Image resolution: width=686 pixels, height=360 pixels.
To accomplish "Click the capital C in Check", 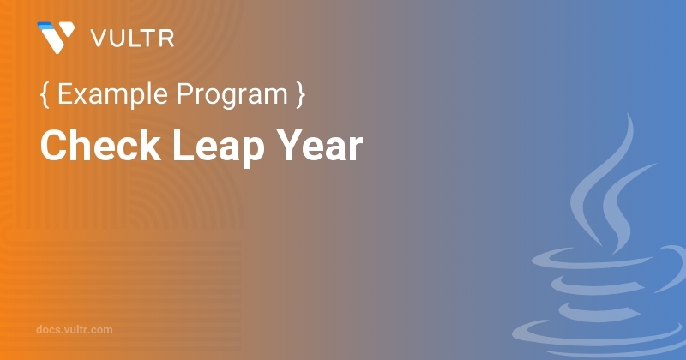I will point(52,147).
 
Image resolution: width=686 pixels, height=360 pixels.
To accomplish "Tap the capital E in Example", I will point(64,95).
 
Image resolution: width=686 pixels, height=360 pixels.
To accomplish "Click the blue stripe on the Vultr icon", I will point(44,27).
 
